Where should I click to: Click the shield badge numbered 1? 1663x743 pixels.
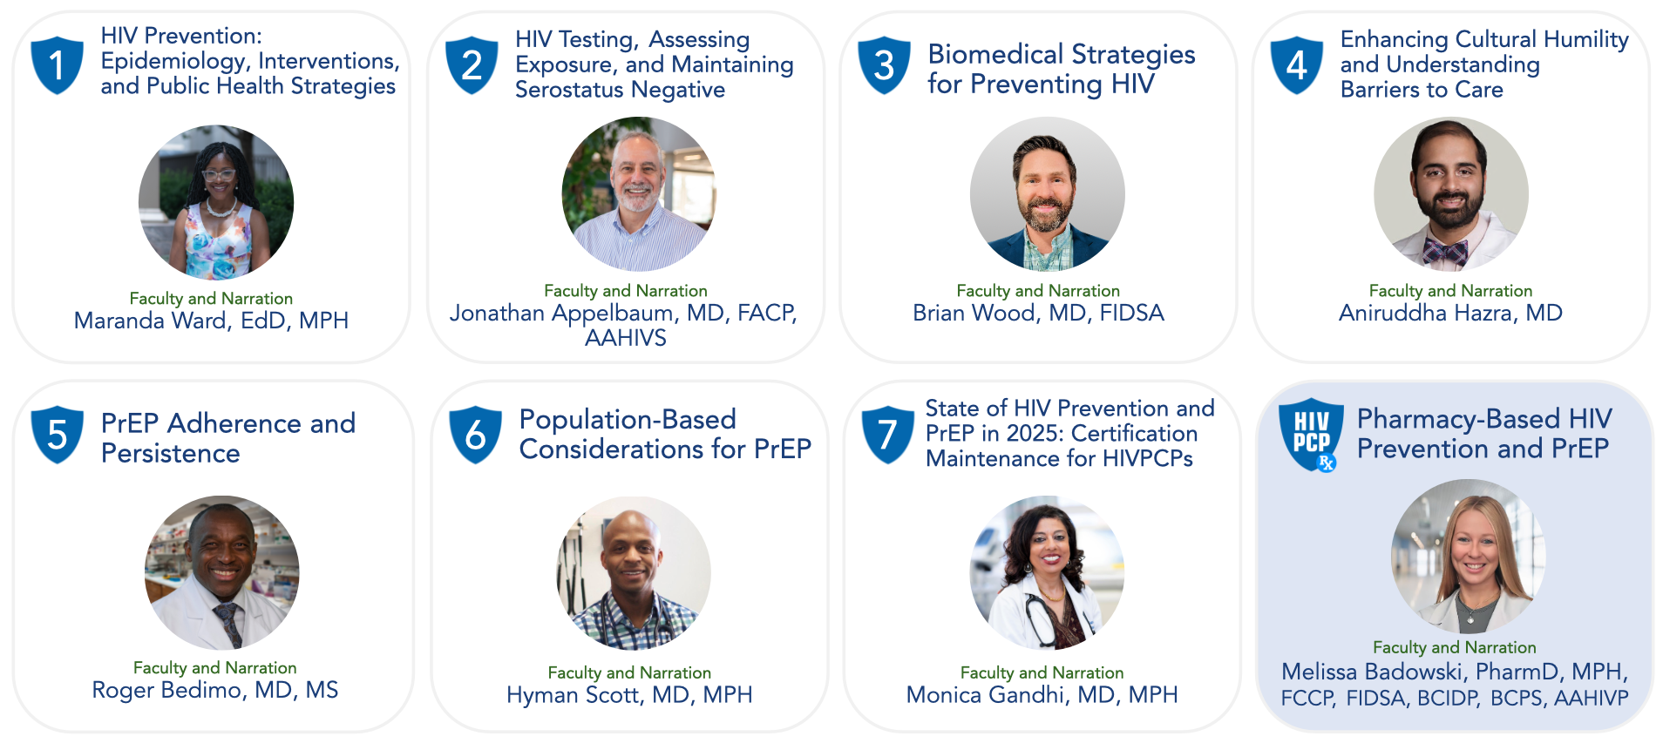click(x=57, y=64)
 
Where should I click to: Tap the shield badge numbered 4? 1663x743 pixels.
click(x=1297, y=64)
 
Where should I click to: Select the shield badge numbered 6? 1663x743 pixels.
click(x=475, y=434)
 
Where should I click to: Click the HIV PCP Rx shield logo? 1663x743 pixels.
click(x=1310, y=435)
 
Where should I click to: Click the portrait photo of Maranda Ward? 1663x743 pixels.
click(x=216, y=202)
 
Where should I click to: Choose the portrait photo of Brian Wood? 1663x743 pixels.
click(x=1047, y=194)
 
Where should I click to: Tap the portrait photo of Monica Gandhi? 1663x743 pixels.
click(x=1047, y=573)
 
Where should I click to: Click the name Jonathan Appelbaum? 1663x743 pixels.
click(x=562, y=314)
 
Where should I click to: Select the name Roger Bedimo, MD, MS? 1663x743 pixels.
click(x=215, y=690)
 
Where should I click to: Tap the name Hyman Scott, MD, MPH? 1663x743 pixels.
click(x=629, y=694)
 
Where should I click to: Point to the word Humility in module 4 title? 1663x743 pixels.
click(x=1585, y=40)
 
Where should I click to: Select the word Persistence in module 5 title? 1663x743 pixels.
click(x=171, y=453)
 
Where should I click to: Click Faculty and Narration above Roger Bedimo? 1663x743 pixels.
click(x=215, y=667)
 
